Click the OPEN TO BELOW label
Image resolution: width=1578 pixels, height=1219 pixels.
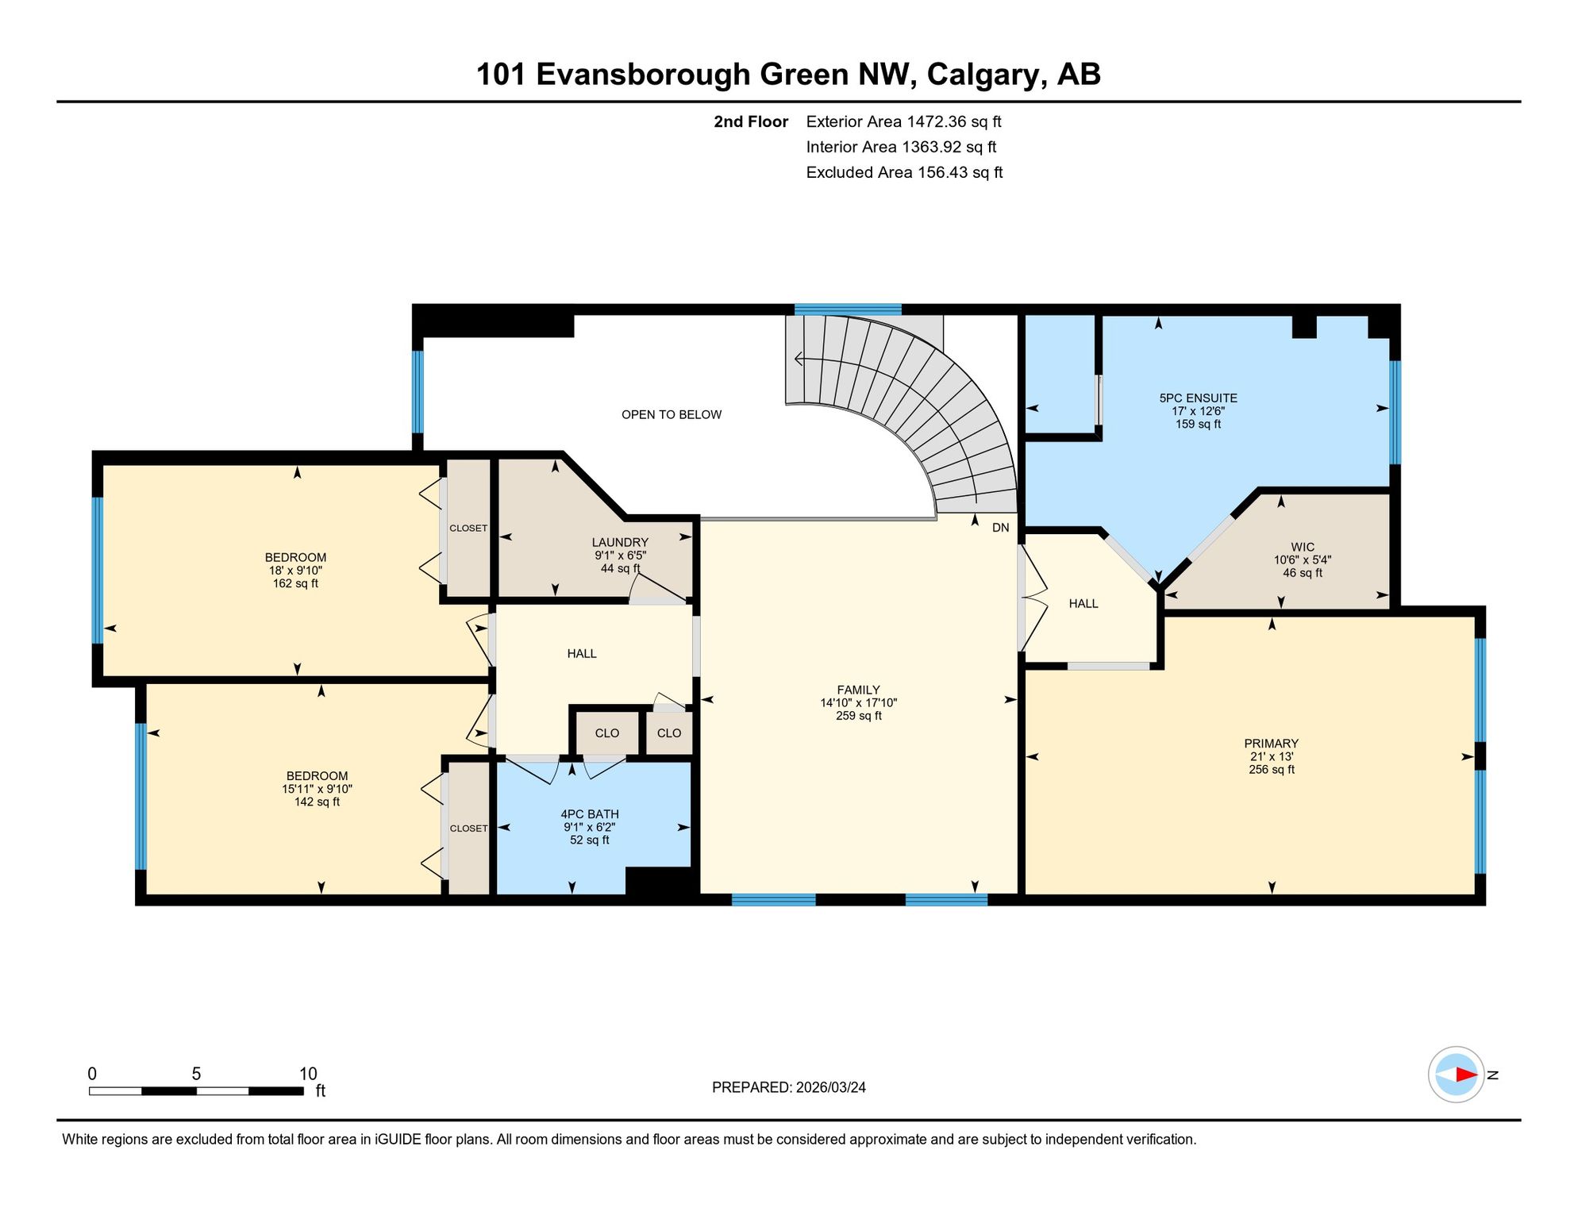[x=672, y=414]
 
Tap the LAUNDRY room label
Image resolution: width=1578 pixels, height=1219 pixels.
[x=620, y=542]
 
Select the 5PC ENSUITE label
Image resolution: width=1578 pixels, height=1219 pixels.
[x=1198, y=398]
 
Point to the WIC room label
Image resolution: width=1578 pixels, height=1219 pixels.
[x=1303, y=547]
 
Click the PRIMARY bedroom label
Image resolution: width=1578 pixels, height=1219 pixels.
[x=1271, y=744]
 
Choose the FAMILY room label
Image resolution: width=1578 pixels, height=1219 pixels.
[x=858, y=690]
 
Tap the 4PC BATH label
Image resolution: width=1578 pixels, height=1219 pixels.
[x=590, y=813]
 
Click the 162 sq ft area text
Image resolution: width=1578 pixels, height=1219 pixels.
[x=295, y=583]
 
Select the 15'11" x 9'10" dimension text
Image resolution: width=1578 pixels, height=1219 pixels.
[x=317, y=789]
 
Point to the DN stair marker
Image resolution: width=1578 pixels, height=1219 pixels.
[x=1000, y=528]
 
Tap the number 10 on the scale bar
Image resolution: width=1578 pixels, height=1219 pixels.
[x=308, y=1074]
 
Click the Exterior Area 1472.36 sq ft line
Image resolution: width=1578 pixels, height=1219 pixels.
[x=903, y=121]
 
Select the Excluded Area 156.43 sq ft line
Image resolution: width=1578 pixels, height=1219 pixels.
[x=904, y=172]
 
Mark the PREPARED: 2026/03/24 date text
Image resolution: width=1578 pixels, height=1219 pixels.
[x=788, y=1087]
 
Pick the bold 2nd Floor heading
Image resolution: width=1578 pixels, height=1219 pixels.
[x=750, y=121]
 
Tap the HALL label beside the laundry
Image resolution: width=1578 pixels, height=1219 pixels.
[x=582, y=653]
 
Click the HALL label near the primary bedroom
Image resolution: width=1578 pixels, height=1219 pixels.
[x=1083, y=603]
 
